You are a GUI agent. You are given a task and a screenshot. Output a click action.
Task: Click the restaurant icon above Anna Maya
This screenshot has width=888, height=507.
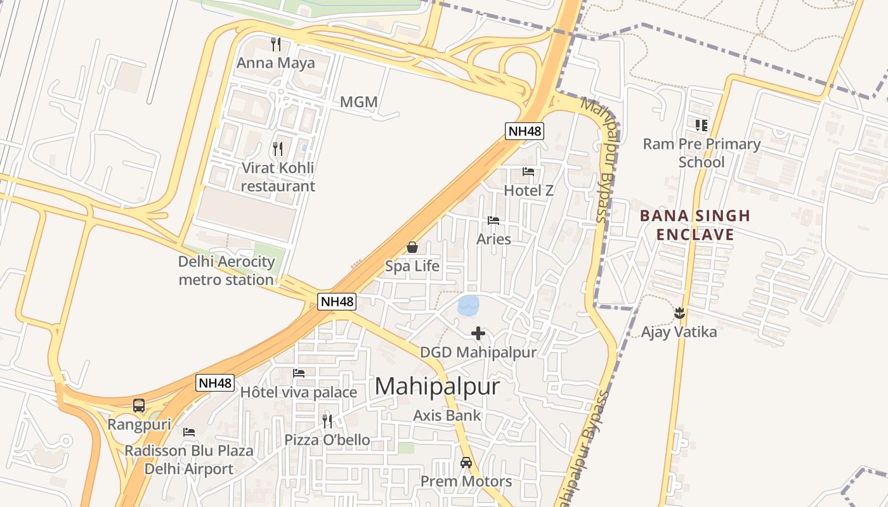point(276,44)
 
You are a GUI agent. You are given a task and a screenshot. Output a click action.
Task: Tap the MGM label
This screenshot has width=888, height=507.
point(358,102)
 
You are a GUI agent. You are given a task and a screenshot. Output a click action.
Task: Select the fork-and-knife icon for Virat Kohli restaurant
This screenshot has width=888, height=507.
point(277,149)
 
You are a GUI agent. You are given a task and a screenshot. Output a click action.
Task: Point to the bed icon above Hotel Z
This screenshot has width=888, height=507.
point(528,171)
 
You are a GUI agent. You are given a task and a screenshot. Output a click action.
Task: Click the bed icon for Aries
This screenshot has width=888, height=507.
point(493,221)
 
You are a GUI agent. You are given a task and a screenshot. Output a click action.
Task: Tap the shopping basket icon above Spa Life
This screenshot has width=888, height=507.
point(412,247)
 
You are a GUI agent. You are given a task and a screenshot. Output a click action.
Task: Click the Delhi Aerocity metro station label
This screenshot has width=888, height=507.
point(226,271)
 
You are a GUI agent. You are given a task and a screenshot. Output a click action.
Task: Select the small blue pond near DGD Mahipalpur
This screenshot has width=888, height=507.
point(469,305)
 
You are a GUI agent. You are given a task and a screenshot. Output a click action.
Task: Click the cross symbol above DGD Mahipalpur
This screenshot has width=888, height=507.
point(478,333)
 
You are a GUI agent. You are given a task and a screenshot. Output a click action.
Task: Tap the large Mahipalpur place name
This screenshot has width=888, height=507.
point(437,387)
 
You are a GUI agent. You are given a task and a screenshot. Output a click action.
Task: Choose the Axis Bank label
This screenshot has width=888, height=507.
point(447,416)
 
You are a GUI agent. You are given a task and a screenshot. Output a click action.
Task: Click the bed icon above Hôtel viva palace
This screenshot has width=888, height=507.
point(299,373)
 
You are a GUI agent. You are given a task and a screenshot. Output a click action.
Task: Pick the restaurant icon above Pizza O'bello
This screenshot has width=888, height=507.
point(327,421)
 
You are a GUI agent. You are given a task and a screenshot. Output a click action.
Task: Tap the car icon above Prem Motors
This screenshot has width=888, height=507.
point(466,463)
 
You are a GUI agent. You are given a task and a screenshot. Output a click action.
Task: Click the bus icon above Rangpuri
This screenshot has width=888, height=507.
point(139,406)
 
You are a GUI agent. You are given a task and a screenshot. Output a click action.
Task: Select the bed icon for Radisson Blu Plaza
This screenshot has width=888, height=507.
point(189,432)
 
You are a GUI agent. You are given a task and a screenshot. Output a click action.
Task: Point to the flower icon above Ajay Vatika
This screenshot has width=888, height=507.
point(679,312)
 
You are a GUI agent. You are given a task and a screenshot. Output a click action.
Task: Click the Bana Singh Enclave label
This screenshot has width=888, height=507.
point(695,225)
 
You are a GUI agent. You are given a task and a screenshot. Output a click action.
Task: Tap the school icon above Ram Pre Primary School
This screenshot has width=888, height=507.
point(701,125)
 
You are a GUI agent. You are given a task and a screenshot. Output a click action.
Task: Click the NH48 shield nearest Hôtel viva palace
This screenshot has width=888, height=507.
point(216,383)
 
